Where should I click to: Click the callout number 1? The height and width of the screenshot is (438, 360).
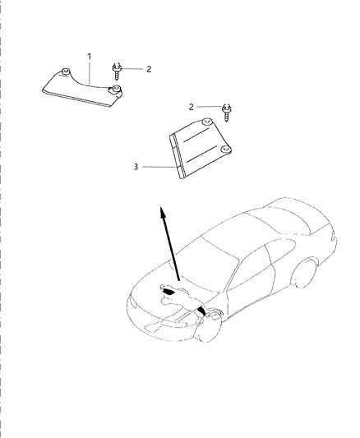point(90,57)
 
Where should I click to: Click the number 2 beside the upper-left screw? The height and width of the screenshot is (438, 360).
point(149,69)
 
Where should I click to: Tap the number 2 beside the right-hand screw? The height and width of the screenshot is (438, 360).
point(191,107)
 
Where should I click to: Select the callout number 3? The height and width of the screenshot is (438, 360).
point(136,167)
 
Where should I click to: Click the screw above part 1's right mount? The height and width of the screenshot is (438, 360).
point(117,71)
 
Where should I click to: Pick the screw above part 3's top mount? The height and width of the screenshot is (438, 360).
point(227,112)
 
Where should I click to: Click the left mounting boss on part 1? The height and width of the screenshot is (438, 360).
point(66,71)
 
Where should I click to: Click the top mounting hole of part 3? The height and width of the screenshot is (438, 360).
point(206,122)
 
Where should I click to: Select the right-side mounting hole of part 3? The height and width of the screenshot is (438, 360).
point(225,150)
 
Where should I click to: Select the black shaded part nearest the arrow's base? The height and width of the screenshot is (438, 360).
point(168,292)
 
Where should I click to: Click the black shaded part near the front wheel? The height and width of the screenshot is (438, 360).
point(201,311)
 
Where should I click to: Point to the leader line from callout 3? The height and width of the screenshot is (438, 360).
point(159,167)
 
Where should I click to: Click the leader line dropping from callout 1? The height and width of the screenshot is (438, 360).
point(90,73)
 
